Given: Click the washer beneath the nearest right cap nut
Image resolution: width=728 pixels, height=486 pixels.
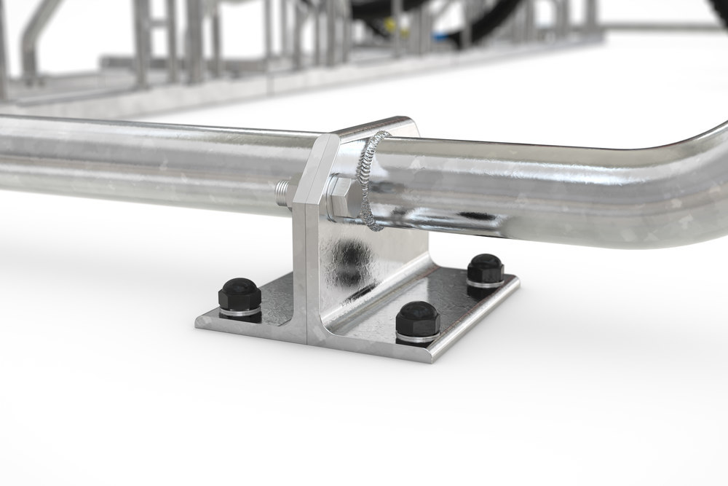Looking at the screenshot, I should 418,337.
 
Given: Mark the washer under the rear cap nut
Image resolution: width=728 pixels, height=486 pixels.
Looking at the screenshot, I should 486,283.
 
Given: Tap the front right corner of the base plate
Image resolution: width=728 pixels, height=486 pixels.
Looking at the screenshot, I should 435,358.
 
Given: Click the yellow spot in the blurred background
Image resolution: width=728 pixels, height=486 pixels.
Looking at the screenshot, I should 391,26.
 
